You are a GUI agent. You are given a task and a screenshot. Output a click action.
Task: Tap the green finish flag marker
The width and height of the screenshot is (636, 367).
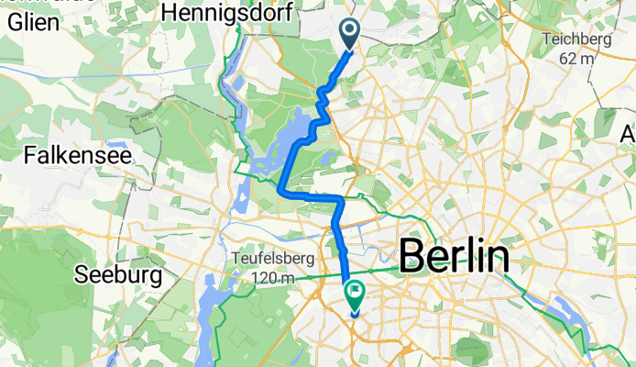(355, 295)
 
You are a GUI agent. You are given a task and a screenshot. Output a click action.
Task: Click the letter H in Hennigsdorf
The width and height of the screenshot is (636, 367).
(168, 12)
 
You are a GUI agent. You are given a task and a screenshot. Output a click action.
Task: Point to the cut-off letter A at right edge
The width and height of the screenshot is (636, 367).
(629, 135)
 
